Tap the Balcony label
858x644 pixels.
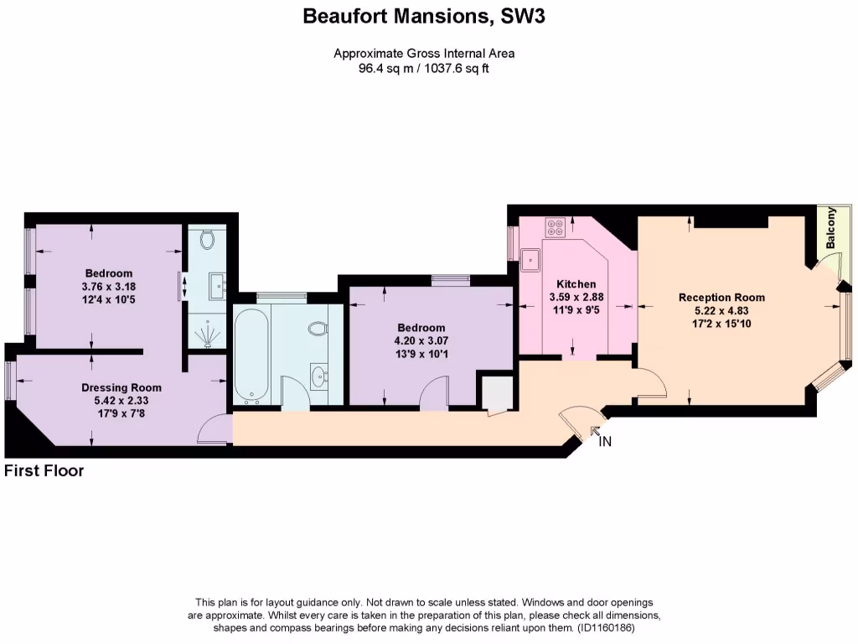[x=830, y=227]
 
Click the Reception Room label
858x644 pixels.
[x=721, y=298]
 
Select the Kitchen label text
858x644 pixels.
[x=576, y=285]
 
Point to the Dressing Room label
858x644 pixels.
[x=121, y=388]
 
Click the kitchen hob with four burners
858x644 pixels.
[x=555, y=225]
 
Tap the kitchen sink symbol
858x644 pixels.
[x=530, y=260]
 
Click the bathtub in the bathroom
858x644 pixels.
[x=251, y=355]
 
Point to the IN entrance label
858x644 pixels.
[x=605, y=442]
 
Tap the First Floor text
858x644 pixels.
[x=44, y=471]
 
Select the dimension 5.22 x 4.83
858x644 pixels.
[x=721, y=310]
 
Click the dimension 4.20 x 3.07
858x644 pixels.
[x=421, y=340]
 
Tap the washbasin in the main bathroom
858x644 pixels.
[x=318, y=375]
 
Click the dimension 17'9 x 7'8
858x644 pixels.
[x=121, y=413]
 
